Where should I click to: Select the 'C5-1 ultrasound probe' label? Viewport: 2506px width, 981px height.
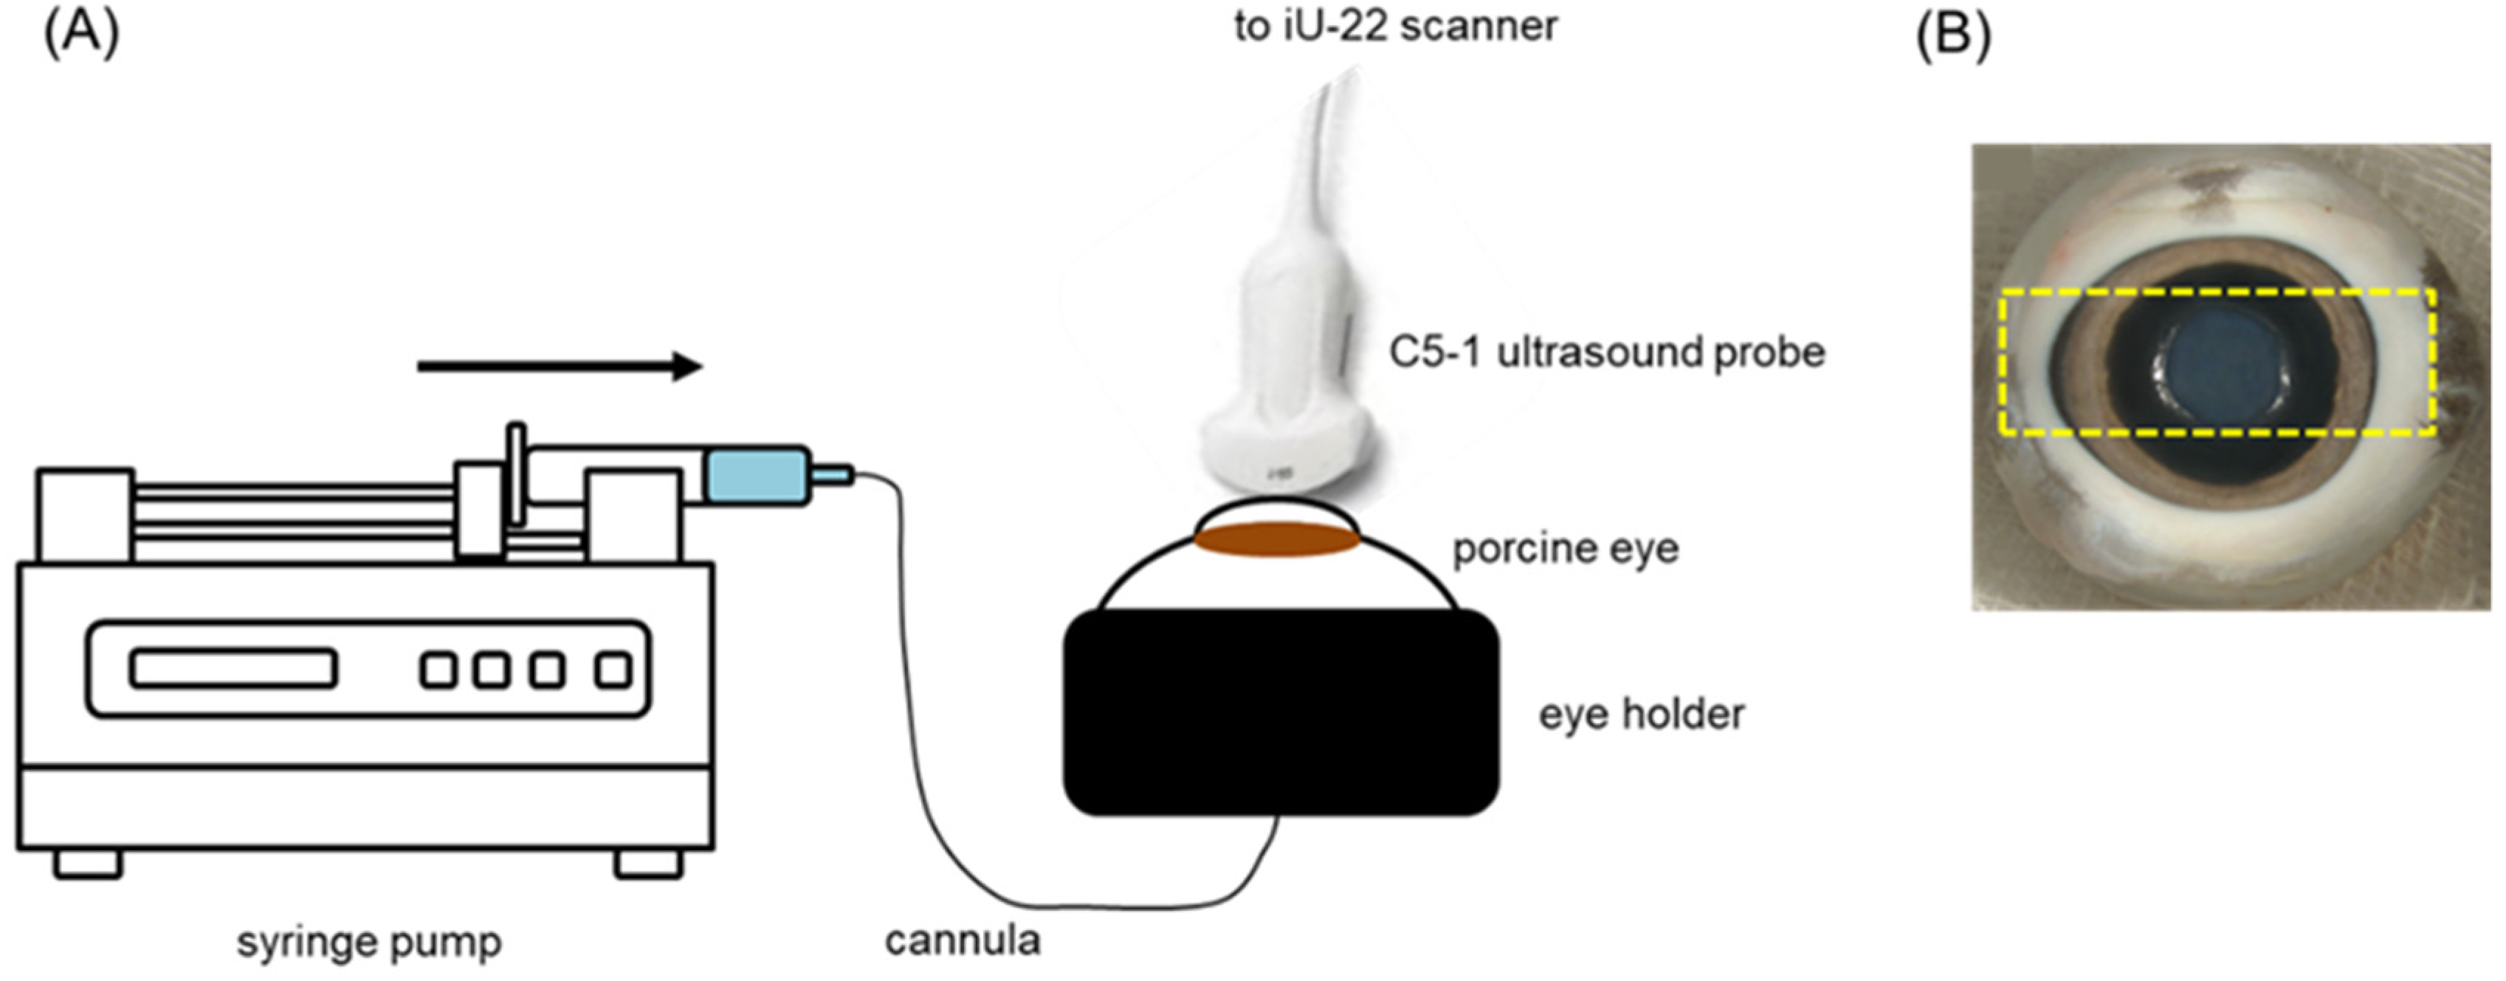pyautogui.click(x=1606, y=352)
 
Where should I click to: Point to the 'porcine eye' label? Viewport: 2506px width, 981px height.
pyautogui.click(x=1566, y=549)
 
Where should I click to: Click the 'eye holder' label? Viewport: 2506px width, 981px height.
pyautogui.click(x=1641, y=714)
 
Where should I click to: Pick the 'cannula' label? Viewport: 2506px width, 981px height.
pyautogui.click(x=962, y=940)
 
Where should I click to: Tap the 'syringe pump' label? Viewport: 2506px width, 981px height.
pyautogui.click(x=370, y=942)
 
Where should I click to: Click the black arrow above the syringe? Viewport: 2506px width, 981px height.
pyautogui.click(x=560, y=367)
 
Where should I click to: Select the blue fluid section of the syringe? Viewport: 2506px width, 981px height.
pyautogui.click(x=757, y=476)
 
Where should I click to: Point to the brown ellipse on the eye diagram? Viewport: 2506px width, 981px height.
pyautogui.click(x=1276, y=539)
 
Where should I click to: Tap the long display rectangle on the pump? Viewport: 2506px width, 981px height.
pyautogui.click(x=233, y=669)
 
